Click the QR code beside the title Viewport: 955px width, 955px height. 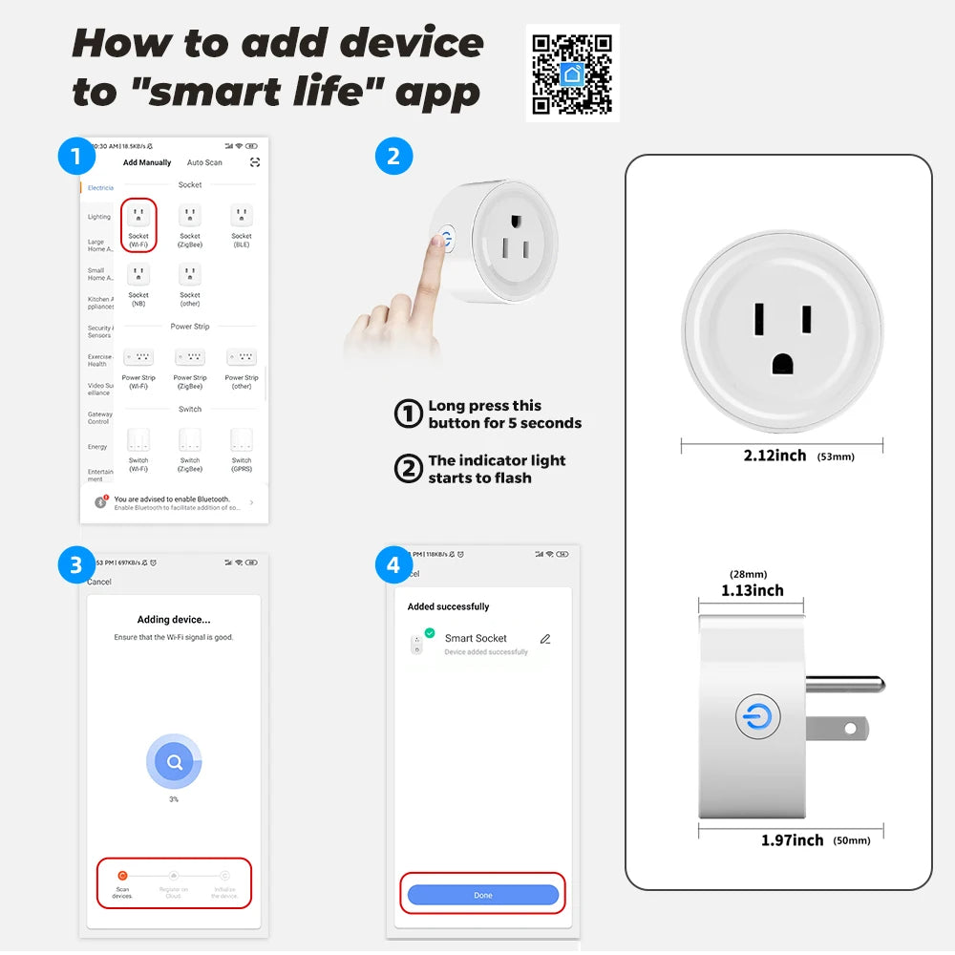(572, 74)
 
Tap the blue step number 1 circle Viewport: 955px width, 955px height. (75, 155)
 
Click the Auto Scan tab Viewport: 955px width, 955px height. (204, 163)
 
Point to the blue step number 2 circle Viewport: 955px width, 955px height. (393, 155)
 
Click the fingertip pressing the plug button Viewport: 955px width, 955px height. (438, 242)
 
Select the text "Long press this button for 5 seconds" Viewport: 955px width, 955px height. (504, 414)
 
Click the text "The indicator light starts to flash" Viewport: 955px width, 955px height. (497, 469)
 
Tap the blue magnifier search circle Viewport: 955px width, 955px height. (174, 762)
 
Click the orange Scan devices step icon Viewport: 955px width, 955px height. (122, 876)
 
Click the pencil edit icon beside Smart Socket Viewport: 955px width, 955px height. (545, 639)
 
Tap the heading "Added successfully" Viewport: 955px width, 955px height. (448, 606)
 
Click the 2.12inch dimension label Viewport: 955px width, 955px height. (775, 456)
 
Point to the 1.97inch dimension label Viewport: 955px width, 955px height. (792, 839)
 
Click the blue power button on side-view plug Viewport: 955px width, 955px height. (758, 717)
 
